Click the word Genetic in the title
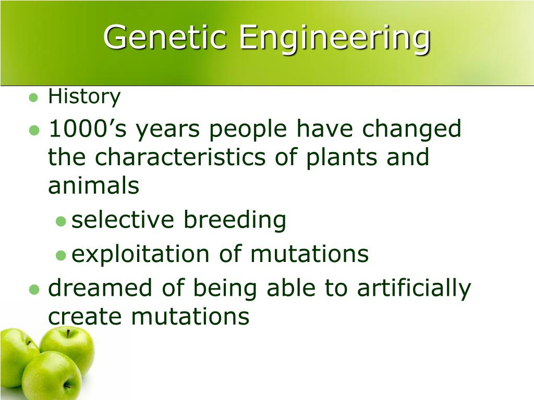pos(165,36)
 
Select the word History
pos(84,97)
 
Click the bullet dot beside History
pos(33,98)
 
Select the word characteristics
pos(180,157)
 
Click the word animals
pos(94,185)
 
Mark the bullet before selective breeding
pos(60,221)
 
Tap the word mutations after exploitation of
pos(310,254)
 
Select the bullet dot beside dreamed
pos(34,289)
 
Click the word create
pos(85,317)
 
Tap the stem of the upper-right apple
pos(68,333)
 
